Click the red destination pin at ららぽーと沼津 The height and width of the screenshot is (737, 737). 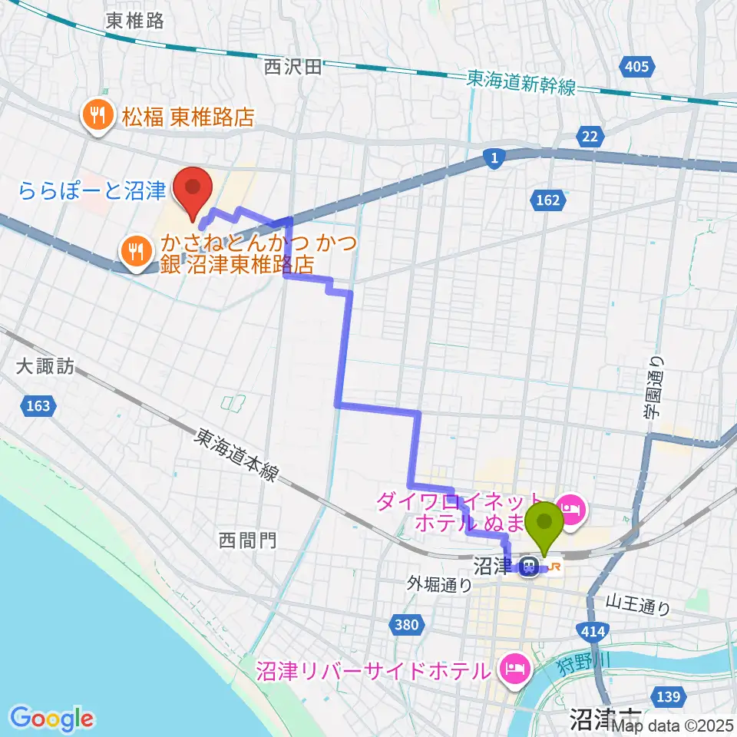(x=192, y=189)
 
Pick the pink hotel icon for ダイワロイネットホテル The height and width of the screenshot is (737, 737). (x=571, y=507)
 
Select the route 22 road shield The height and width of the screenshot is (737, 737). (x=589, y=137)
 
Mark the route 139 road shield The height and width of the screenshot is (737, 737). (x=669, y=696)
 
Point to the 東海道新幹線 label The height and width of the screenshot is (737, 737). (x=521, y=83)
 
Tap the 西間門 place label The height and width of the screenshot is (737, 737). (x=247, y=540)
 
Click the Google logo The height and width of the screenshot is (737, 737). (x=52, y=718)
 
